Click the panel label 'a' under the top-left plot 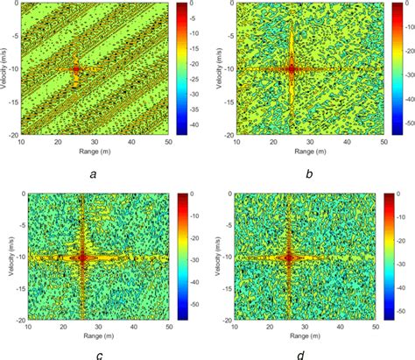click(x=94, y=174)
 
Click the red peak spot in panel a click(x=75, y=67)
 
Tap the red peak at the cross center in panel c click(x=83, y=258)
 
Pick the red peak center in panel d click(x=289, y=258)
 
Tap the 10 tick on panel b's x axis click(x=239, y=141)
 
